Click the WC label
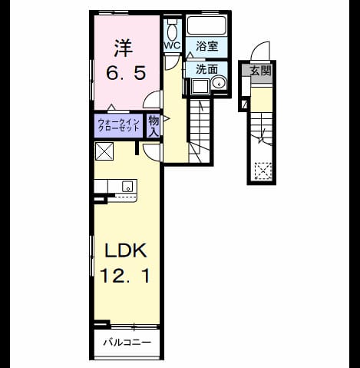(172, 45)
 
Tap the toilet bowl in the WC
(172, 30)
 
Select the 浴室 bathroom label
(206, 46)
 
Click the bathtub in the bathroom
(206, 25)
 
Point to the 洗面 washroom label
(206, 69)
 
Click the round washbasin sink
(219, 82)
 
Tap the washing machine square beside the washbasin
(200, 86)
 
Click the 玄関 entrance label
(260, 71)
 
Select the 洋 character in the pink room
(123, 48)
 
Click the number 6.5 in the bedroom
(126, 73)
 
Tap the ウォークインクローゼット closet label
(119, 125)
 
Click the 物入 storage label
(154, 126)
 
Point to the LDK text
(126, 250)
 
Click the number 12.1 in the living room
(125, 275)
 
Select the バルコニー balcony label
(127, 343)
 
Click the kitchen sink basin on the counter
(127, 186)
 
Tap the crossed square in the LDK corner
(104, 151)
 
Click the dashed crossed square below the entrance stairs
(263, 171)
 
